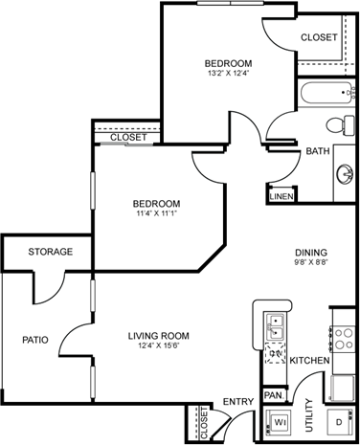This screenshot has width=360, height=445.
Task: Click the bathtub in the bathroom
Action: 326,93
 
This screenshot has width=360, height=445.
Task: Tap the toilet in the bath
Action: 340,124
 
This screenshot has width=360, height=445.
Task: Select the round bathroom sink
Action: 345,174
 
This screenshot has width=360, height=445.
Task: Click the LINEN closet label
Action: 281,196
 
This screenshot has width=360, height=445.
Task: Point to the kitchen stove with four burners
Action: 343,339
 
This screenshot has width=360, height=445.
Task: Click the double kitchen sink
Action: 275,327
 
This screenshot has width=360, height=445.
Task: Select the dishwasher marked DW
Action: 275,353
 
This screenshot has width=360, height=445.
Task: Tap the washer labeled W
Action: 279,423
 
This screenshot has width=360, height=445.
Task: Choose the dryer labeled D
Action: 340,422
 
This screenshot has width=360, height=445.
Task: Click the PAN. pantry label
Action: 274,395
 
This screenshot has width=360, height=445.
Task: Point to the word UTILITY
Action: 309,414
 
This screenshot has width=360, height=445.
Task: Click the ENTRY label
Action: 238,401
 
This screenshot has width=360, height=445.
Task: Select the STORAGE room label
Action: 51,252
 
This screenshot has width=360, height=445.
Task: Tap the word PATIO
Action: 35,340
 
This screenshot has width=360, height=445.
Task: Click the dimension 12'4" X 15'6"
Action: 159,345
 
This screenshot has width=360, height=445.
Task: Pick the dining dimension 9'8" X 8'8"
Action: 311,262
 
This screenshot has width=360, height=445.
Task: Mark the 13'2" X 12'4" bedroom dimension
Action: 228,73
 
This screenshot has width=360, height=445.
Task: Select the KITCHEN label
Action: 309,361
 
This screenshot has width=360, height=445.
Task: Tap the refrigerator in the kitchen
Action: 343,388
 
